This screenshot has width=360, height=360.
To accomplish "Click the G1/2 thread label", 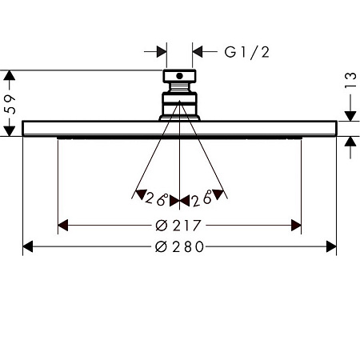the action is click(246, 52).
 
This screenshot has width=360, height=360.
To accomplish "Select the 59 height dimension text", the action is click(10, 104).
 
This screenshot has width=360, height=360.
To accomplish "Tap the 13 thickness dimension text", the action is click(350, 80).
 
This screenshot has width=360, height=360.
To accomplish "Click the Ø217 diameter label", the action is click(178, 226).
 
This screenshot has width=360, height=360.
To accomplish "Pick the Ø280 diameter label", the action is click(179, 246).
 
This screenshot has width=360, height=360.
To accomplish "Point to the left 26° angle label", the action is click(156, 198).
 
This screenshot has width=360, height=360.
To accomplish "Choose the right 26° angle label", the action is click(202, 199).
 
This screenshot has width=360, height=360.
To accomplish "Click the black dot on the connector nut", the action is click(179, 76).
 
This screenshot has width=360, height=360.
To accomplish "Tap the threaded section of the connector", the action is click(179, 87).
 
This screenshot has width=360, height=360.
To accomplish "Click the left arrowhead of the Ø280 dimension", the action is click(28, 246).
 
